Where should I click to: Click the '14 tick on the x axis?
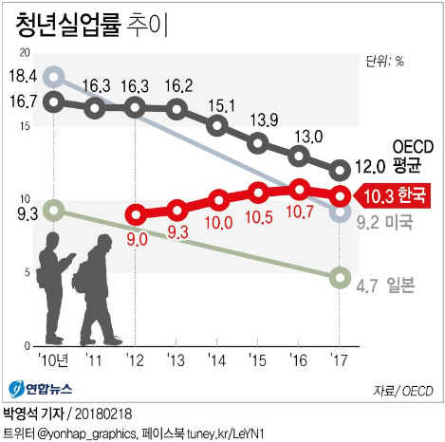pos(218,360)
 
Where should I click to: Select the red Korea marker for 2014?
pos(218,200)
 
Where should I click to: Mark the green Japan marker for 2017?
pos(341,278)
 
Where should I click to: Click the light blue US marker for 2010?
pos(54,77)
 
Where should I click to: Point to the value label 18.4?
pos(22,76)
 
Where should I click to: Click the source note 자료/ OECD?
pos(402,390)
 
